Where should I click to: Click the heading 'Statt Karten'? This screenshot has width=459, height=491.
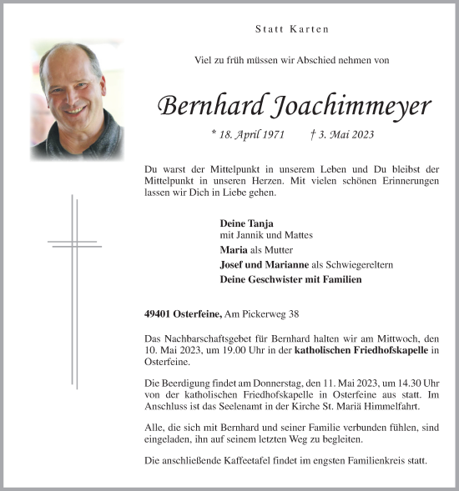click(x=292, y=29)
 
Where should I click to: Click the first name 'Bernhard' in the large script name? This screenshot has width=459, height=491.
click(x=209, y=106)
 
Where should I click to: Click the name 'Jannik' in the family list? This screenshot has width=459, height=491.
click(x=252, y=237)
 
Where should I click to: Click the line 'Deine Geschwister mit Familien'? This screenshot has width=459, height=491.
click(x=290, y=279)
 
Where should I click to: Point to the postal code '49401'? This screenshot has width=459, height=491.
click(x=158, y=313)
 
